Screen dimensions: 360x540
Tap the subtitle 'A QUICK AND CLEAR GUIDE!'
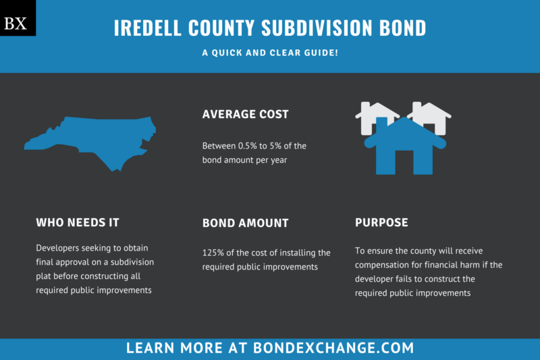click(x=270, y=53)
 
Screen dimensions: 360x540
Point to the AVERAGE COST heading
click(x=246, y=114)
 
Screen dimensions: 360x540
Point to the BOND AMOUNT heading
click(x=246, y=223)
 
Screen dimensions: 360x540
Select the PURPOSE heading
click(x=381, y=222)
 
